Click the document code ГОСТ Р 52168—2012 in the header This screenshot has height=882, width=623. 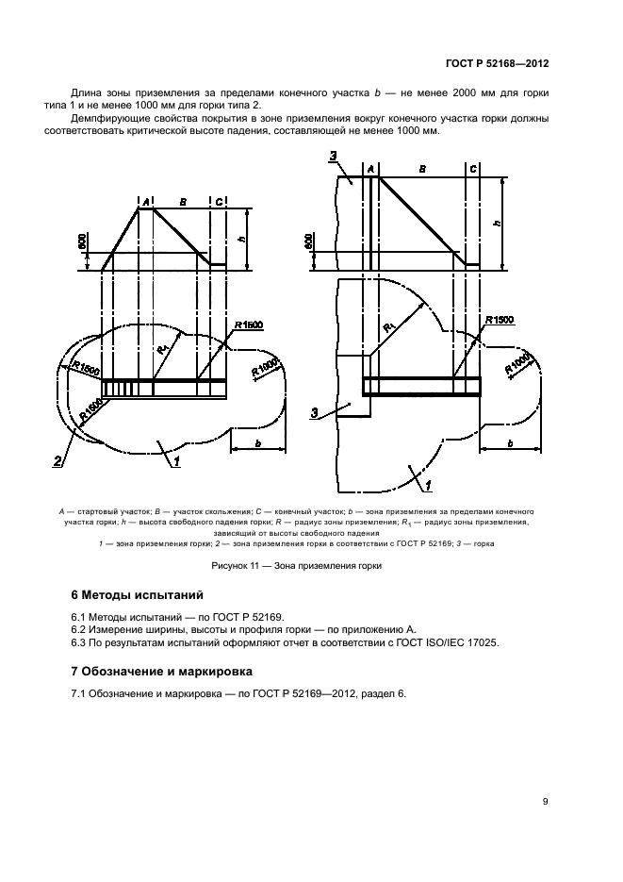tap(497, 64)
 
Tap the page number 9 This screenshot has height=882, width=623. tap(546, 802)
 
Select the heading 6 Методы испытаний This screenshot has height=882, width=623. tap(136, 595)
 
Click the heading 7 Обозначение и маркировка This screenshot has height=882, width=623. tap(162, 671)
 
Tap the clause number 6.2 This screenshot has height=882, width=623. tap(80, 628)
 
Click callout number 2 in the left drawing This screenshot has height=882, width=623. tap(58, 461)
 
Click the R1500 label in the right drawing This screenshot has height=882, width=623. tap(500, 321)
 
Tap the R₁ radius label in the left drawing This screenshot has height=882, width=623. tap(163, 349)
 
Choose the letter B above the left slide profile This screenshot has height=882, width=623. tap(181, 201)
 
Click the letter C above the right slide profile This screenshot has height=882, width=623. tap(472, 168)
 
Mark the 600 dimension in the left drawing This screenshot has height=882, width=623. tap(82, 242)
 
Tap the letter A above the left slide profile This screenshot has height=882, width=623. tap(145, 201)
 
